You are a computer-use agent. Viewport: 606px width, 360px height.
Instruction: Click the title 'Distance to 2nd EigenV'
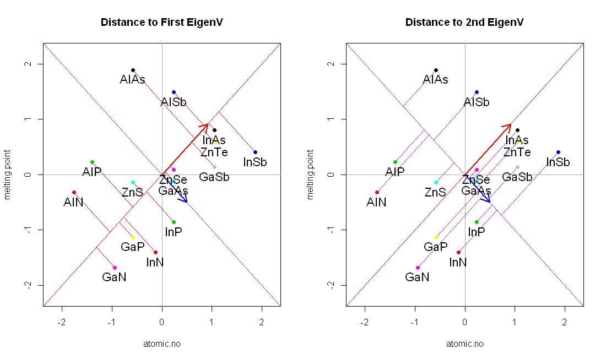click(464, 23)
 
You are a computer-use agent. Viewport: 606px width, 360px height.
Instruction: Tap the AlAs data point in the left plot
click(133, 70)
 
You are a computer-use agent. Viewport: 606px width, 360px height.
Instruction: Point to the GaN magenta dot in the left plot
click(115, 268)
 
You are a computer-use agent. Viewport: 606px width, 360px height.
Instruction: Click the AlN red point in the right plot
click(377, 192)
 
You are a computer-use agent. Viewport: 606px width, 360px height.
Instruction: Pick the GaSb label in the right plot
click(517, 177)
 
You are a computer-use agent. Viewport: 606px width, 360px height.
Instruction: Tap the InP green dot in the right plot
click(477, 222)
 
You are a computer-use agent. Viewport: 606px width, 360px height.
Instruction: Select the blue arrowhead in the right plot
click(488, 200)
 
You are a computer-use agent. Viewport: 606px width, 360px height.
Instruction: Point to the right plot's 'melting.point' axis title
click(311, 174)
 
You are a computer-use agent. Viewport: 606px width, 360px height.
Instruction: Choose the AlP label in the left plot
click(92, 172)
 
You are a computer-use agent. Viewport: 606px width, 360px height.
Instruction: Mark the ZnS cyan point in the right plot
click(436, 182)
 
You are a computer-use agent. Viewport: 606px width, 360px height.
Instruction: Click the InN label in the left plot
click(155, 262)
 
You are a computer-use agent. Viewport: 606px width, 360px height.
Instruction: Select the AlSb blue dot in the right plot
click(477, 92)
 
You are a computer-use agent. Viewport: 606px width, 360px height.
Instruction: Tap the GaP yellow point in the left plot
click(133, 237)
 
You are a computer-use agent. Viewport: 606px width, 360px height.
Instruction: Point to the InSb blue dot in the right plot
click(558, 152)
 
